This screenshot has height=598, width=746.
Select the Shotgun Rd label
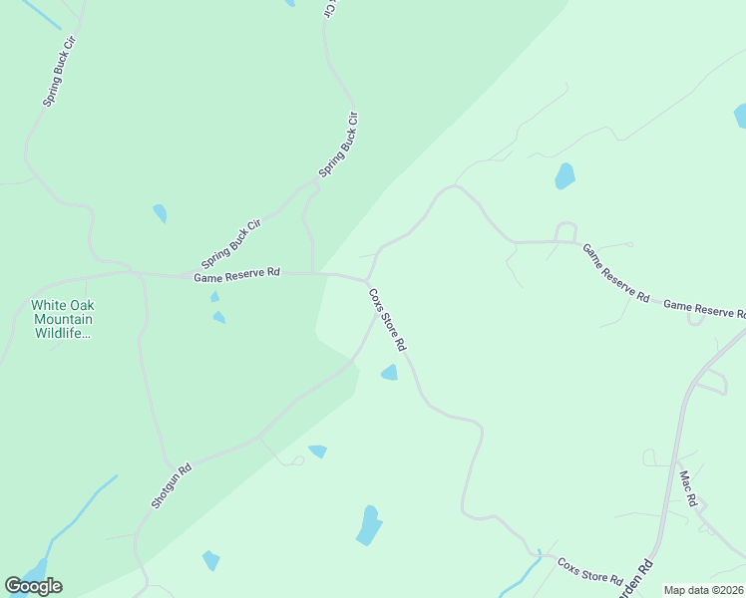click(x=171, y=486)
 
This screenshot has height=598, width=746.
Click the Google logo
click(x=33, y=586)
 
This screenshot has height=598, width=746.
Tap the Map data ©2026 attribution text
click(x=703, y=590)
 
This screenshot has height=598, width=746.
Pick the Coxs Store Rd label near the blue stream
click(x=590, y=571)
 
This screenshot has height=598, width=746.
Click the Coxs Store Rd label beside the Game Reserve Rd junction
click(x=388, y=319)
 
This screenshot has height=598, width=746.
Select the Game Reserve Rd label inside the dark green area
click(x=237, y=275)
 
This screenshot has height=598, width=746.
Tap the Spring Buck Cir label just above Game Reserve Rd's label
click(x=230, y=243)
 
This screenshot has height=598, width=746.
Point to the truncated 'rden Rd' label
click(x=643, y=579)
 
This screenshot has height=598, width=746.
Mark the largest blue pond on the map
click(x=369, y=525)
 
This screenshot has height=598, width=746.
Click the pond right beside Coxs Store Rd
click(x=389, y=373)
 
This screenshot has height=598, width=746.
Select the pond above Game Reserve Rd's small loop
click(x=564, y=176)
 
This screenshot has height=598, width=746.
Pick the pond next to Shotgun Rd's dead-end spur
click(x=317, y=451)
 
